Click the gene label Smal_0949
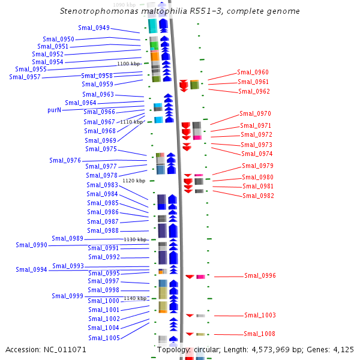point(94,28)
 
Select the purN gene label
point(55,110)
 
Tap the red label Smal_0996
point(260,275)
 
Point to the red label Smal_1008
point(259,334)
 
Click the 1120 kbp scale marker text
point(134,181)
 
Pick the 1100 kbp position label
point(128,64)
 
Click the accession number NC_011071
point(65,350)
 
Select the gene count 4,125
point(343,350)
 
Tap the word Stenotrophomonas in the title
point(100,11)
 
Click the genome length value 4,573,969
point(271,350)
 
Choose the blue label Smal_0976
point(65,160)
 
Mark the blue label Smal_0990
point(31,245)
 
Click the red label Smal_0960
point(253,72)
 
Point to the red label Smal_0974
point(257,154)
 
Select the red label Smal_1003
point(260,315)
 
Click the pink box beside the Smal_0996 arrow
point(200,277)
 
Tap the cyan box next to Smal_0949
point(152,26)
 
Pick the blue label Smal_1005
point(104,338)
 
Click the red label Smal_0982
point(258,196)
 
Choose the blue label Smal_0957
point(25,77)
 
